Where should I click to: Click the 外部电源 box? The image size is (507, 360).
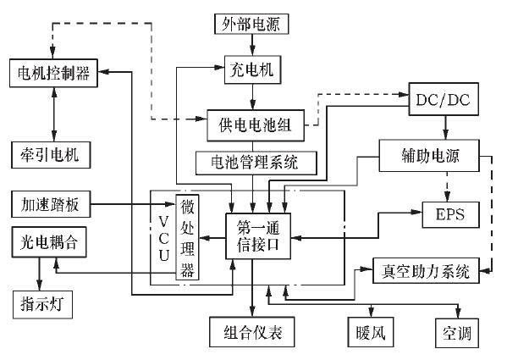tap(251, 21)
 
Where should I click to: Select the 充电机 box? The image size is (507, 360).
tap(251, 66)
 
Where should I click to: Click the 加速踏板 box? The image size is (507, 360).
tap(50, 204)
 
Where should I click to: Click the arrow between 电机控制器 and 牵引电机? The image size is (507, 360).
tap(54, 113)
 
